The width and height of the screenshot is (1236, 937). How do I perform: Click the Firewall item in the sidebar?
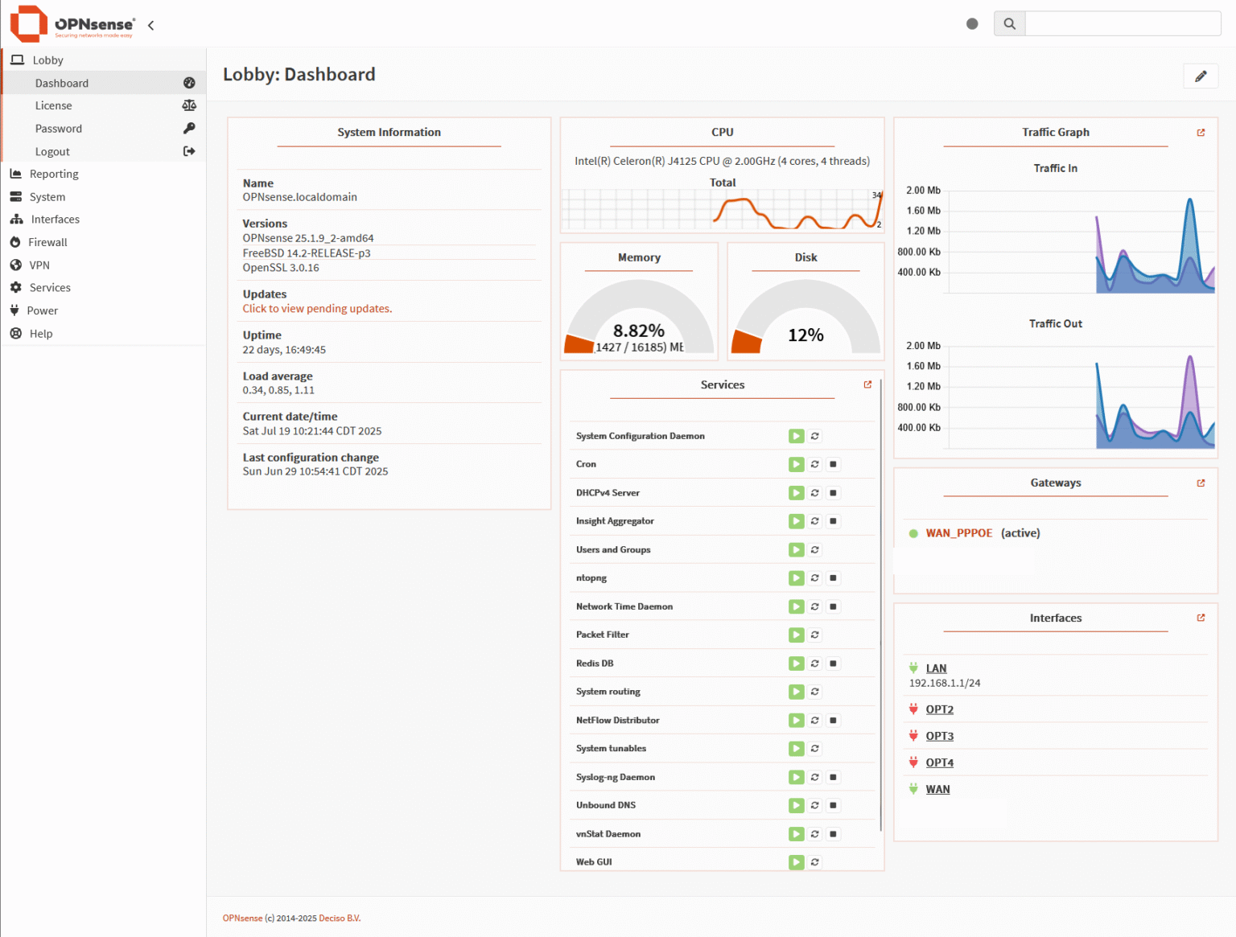pos(47,242)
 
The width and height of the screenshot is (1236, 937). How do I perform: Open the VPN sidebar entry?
pos(39,265)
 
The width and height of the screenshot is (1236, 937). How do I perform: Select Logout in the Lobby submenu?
pos(52,151)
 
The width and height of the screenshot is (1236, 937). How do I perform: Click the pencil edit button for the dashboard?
pos(1201,76)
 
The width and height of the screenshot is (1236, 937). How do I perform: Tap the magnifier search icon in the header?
pos(1009,24)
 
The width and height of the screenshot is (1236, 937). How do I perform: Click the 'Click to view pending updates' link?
pos(317,309)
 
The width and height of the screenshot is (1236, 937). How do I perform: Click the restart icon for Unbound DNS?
pos(815,805)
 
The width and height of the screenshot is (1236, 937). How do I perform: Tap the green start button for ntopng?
pos(796,577)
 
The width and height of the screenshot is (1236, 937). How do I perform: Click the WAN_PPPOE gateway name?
pos(958,533)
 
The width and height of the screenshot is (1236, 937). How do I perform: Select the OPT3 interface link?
pos(939,736)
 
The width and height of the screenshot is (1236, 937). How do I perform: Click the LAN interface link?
pos(936,668)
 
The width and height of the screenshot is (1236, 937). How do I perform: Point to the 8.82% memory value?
pos(639,331)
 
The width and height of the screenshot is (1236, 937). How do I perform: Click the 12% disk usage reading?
pos(805,335)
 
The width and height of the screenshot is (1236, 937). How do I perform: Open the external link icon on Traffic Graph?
pos(1201,133)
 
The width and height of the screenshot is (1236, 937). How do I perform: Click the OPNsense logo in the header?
pos(72,24)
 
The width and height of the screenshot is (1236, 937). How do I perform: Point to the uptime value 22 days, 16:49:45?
pos(284,350)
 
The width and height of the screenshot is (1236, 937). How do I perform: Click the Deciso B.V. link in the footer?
pos(340,919)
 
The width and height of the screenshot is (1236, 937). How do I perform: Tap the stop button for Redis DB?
pos(834,664)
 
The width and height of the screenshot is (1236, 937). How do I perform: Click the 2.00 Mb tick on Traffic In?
pos(923,191)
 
